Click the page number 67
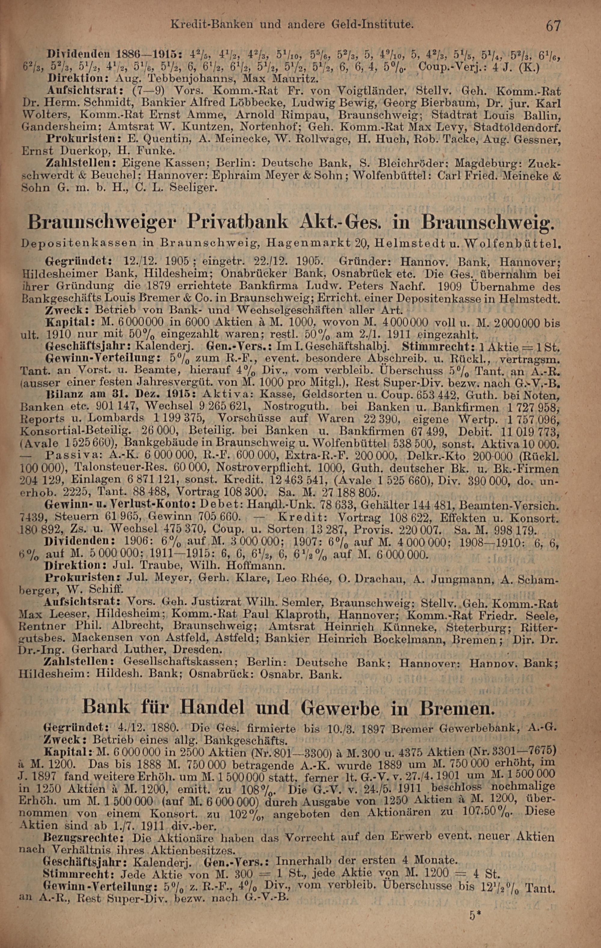click(552, 26)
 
